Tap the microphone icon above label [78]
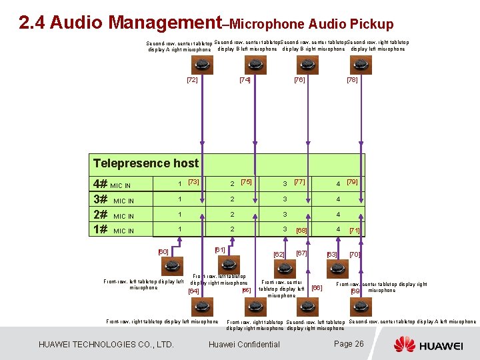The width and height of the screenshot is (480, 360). pos(357,65)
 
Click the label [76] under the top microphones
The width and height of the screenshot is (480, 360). pos(299,80)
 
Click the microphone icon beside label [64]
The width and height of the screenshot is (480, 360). pos(201,306)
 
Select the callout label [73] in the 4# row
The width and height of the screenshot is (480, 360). pos(193,182)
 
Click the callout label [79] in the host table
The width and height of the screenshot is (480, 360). pos(352,182)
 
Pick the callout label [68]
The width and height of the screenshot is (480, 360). pos(301,231)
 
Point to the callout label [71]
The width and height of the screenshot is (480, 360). pos(355,231)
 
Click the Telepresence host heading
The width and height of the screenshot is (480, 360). pos(146,163)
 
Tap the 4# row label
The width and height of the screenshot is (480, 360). pos(100,184)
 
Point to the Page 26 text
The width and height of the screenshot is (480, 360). pos(349,344)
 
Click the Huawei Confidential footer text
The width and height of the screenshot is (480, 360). pos(244,345)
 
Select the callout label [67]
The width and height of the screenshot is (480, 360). pos(301,253)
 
